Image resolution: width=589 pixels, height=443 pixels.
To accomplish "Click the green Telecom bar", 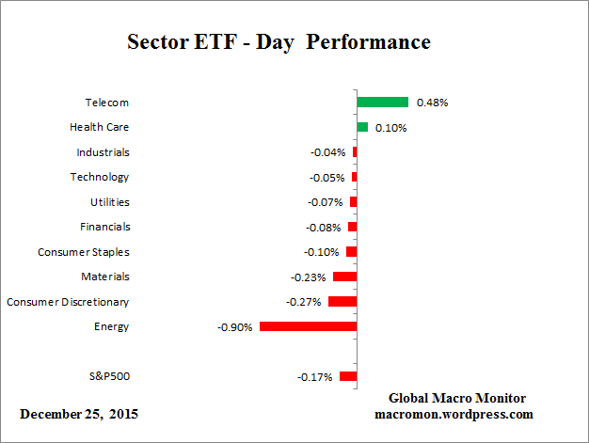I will pyautogui.click(x=382, y=102).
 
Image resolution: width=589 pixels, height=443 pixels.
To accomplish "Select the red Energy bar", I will pyautogui.click(x=308, y=326).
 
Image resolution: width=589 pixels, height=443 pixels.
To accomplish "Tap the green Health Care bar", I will pyautogui.click(x=362, y=127).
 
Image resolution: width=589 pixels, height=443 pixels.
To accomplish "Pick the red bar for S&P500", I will pyautogui.click(x=348, y=376).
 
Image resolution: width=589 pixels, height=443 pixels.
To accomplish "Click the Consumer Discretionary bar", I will pyautogui.click(x=342, y=302).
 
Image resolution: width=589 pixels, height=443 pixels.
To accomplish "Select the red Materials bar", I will pyautogui.click(x=344, y=277).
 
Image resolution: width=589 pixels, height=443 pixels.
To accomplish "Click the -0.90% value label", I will pyautogui.click(x=235, y=327).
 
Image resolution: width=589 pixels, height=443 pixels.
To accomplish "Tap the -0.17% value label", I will pyautogui.click(x=315, y=377).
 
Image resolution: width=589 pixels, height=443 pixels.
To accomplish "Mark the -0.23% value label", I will pyautogui.click(x=310, y=277).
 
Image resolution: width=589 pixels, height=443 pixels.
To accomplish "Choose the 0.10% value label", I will pyautogui.click(x=390, y=128).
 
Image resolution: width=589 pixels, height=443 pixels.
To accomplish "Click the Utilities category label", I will pyautogui.click(x=103, y=201).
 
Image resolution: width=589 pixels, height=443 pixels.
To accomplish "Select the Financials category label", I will pyautogui.click(x=104, y=227).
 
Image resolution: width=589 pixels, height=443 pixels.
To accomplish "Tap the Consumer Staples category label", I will pyautogui.click(x=84, y=252).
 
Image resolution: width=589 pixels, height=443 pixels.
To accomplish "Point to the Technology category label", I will pyautogui.click(x=100, y=177).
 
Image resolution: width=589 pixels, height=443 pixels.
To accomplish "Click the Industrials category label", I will pyautogui.click(x=103, y=151).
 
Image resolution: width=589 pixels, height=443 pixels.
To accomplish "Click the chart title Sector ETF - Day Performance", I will pyautogui.click(x=279, y=43).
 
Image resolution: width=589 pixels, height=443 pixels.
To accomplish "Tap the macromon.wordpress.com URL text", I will pyautogui.click(x=454, y=414).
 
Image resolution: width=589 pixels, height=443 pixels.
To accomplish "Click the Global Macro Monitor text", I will pyautogui.click(x=456, y=398).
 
